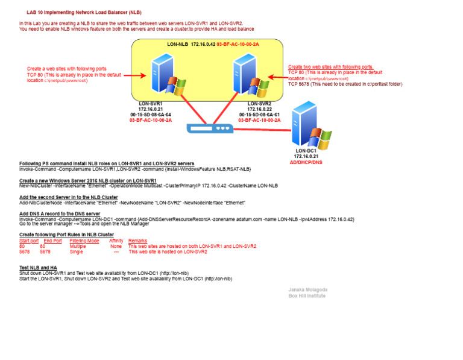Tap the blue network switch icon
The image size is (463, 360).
209,128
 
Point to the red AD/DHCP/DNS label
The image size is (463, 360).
306,162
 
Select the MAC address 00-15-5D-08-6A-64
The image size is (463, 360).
151,115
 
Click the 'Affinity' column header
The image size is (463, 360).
116,241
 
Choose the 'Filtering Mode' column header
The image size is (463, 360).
84,241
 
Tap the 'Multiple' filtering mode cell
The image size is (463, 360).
78,246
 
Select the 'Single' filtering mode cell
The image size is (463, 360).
76,251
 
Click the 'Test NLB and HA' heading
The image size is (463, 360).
38,267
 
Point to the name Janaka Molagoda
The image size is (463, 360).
307,290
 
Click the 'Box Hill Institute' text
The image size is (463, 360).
307,296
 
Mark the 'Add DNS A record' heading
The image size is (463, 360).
60,214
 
